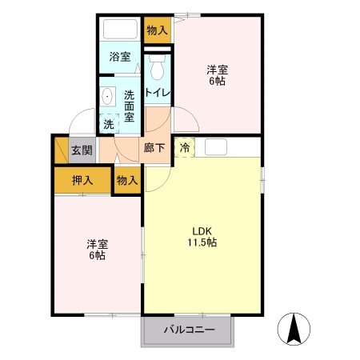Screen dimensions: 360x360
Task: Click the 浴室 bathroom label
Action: [121, 58]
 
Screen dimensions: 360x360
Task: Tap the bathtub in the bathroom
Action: [121, 30]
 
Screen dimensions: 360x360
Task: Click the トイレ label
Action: [157, 93]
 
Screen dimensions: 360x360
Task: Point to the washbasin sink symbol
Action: [109, 96]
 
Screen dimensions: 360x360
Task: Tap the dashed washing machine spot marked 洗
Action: [108, 124]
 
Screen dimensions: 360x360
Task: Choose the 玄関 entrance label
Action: [81, 150]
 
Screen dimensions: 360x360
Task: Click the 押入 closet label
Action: [82, 180]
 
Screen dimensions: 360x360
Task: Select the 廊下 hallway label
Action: [154, 147]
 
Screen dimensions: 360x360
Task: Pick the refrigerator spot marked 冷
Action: [184, 147]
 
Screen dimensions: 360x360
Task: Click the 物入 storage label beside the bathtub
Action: [157, 30]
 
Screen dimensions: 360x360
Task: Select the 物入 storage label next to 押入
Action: [127, 180]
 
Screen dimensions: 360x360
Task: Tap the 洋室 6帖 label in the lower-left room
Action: [97, 250]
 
